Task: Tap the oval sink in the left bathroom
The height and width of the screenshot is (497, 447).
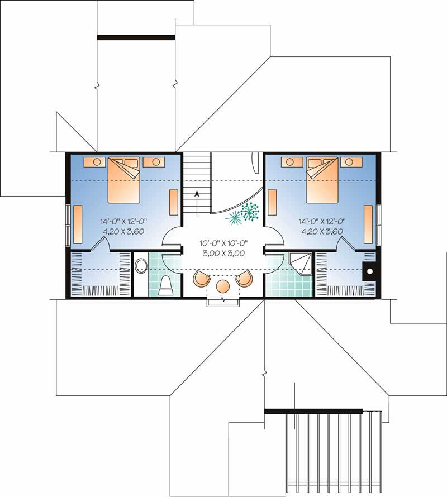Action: pos(141,264)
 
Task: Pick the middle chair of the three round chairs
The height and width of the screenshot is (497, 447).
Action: pos(223,286)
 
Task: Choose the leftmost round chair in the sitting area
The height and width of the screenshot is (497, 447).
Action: pos(201,278)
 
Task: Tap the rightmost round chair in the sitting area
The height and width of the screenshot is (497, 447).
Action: pos(245,278)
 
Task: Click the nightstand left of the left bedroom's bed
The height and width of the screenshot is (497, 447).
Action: pos(96,162)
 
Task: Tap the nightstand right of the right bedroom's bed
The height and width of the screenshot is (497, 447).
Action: pos(351,162)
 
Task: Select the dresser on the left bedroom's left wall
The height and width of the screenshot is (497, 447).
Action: pos(78,222)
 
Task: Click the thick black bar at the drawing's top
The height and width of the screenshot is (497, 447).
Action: pos(136,37)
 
